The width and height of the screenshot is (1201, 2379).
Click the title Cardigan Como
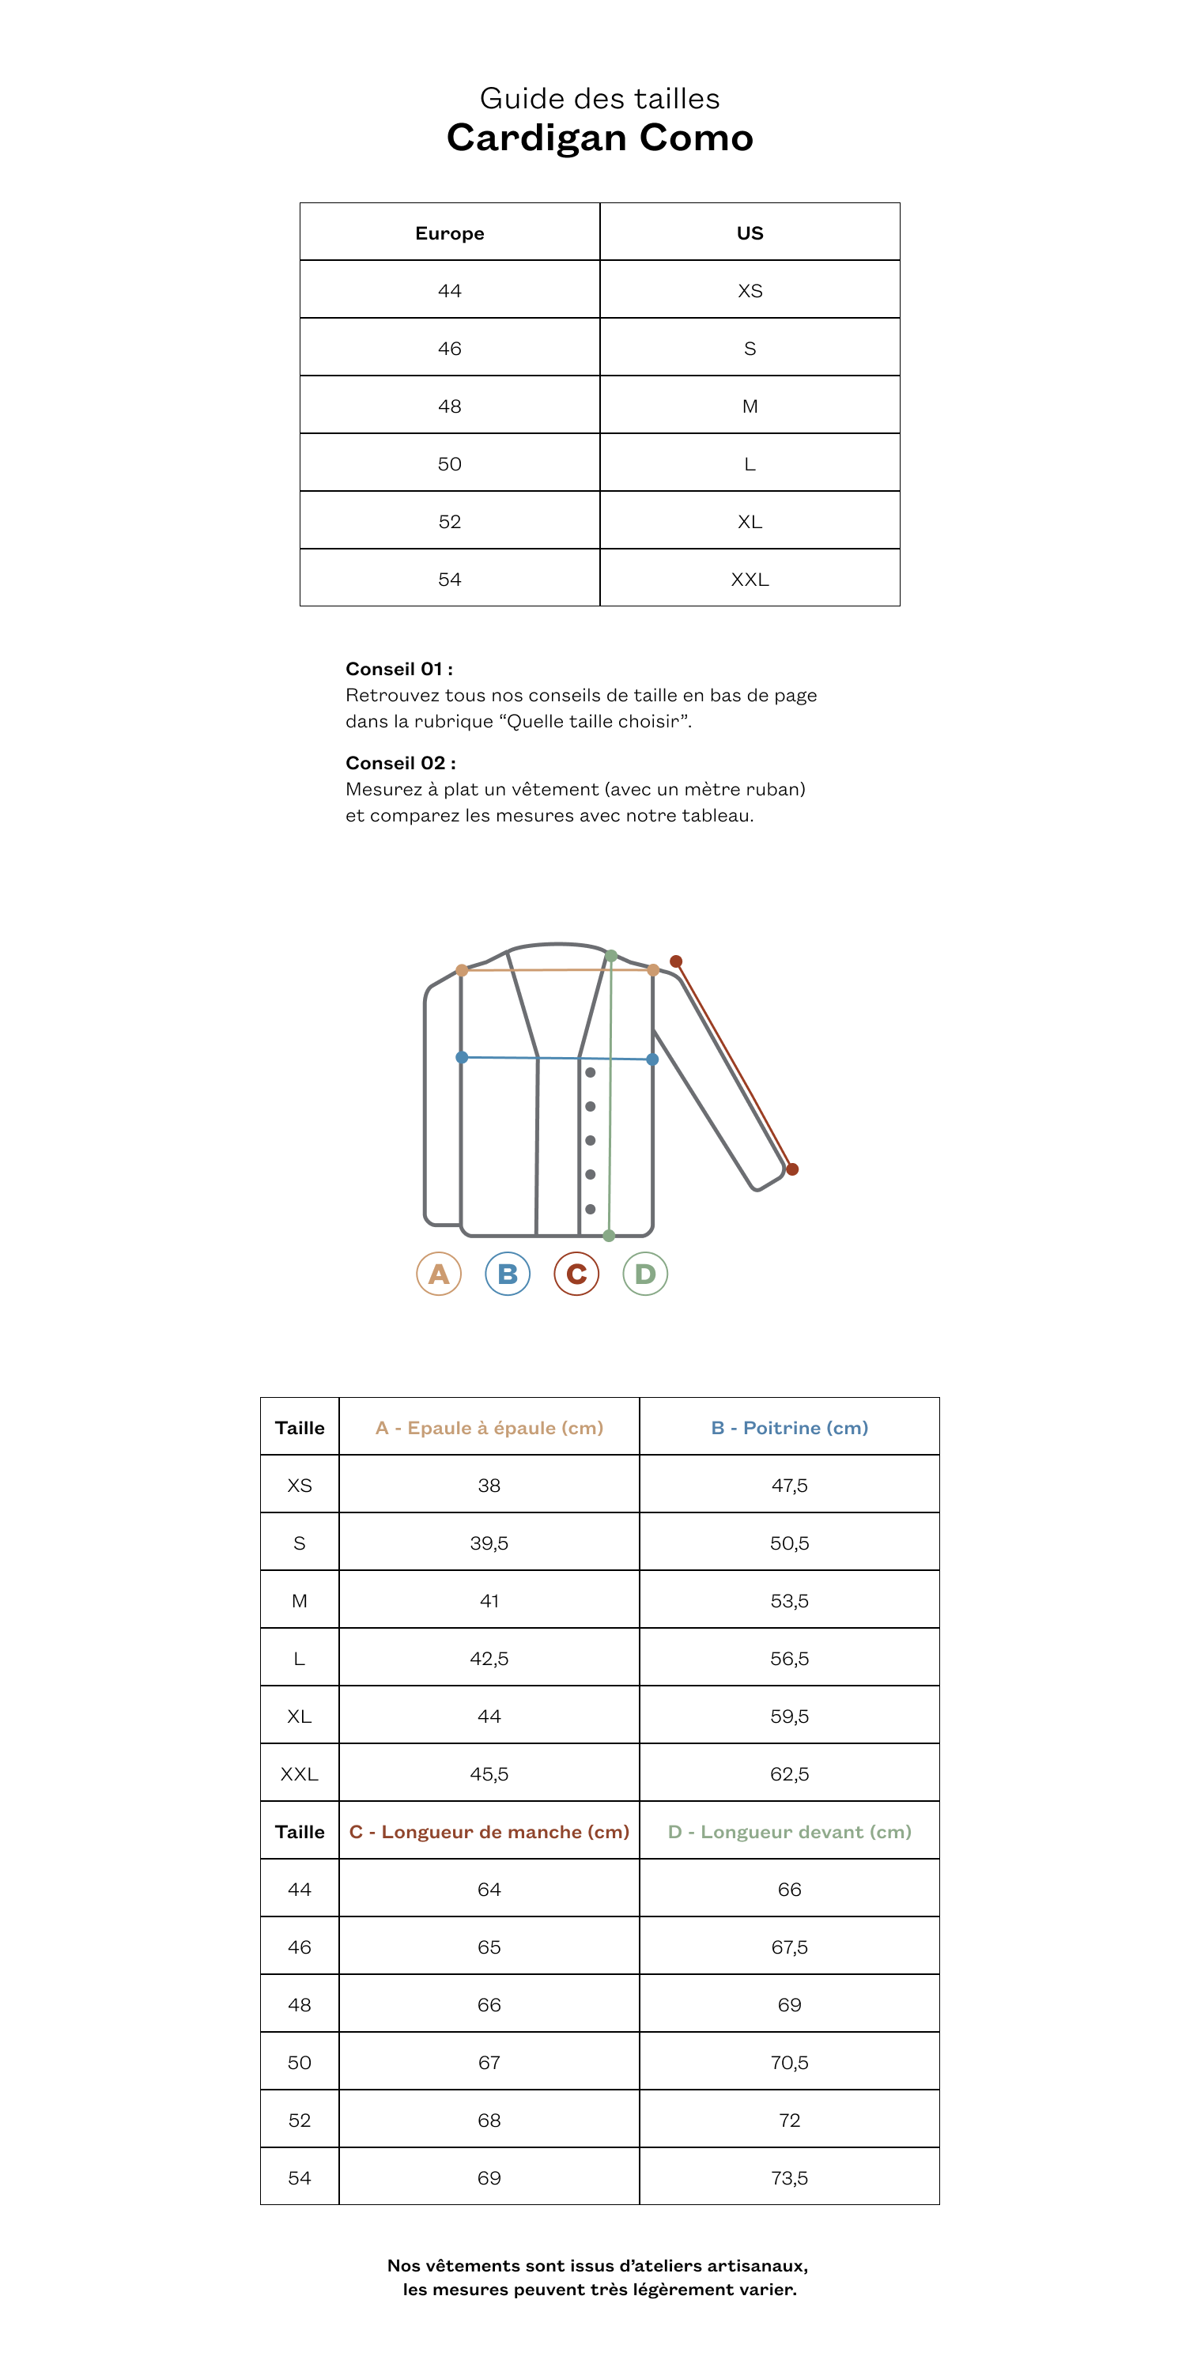click(x=599, y=138)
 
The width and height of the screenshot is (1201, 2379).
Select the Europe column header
click(x=449, y=232)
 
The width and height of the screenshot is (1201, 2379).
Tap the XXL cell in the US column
click(x=750, y=579)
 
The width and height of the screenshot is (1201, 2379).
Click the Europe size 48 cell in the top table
click(x=449, y=406)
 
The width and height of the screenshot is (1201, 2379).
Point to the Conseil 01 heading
click(x=399, y=669)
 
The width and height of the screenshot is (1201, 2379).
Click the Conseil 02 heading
click(x=400, y=763)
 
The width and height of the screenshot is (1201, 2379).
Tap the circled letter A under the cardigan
click(x=439, y=1274)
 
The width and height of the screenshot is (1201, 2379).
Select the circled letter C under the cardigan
click(x=576, y=1274)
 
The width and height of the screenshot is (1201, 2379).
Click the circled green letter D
click(x=645, y=1274)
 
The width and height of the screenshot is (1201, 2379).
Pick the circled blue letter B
click(x=507, y=1274)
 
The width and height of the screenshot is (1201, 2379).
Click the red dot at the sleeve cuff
click(x=791, y=1169)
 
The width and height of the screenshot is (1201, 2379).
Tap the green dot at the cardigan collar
click(x=610, y=956)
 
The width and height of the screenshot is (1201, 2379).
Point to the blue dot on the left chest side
click(x=462, y=1057)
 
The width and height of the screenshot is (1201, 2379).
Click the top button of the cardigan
click(x=591, y=1072)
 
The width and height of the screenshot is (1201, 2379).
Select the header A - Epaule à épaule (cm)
click(x=489, y=1428)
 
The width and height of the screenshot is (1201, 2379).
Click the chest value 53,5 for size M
click(x=789, y=1600)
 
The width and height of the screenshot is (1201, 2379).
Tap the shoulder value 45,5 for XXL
click(x=489, y=1774)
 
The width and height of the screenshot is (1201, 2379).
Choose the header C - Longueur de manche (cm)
click(x=489, y=1831)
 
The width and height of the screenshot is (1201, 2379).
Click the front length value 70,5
click(x=789, y=2062)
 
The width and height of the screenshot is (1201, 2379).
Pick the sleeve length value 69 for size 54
click(x=489, y=2177)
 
